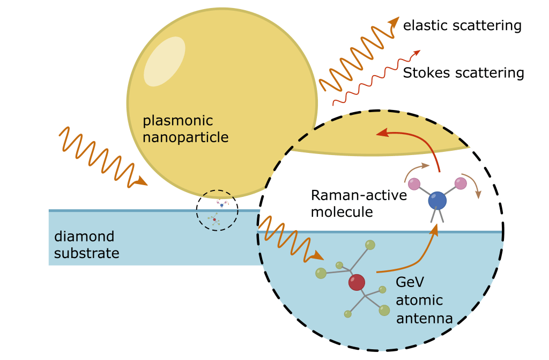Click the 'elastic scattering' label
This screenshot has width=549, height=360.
(462, 25)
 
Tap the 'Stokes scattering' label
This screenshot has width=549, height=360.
(463, 72)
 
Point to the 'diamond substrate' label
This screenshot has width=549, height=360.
(86, 245)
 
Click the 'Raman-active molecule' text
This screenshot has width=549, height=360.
(359, 203)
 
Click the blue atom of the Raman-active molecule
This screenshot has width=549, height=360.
(437, 201)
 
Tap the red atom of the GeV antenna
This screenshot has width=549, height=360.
(357, 282)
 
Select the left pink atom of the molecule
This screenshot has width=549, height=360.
(414, 184)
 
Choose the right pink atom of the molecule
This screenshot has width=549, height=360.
(461, 183)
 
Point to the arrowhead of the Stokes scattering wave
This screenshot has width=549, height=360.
(417, 53)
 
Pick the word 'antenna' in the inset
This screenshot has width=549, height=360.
(424, 318)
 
